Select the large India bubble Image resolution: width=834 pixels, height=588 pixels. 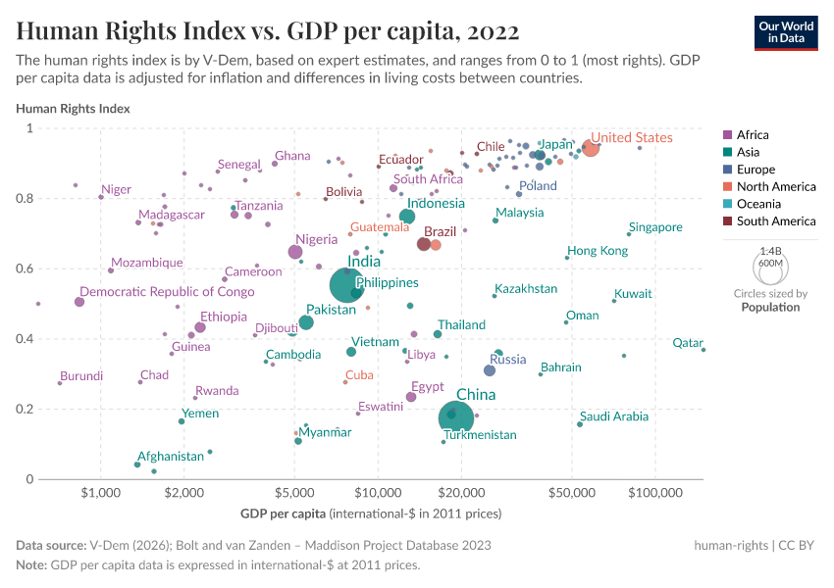[348, 285]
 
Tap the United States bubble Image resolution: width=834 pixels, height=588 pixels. [590, 147]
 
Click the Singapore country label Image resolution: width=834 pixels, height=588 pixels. [655, 227]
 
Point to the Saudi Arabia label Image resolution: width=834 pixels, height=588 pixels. [614, 416]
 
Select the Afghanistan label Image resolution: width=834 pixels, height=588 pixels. [171, 456]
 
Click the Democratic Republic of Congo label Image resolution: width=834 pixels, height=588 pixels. [167, 292]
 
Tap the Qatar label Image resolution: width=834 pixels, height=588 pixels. [688, 343]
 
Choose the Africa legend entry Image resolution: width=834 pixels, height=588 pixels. [753, 135]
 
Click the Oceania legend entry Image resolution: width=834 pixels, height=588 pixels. [758, 204]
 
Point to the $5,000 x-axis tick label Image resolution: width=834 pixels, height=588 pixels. [294, 493]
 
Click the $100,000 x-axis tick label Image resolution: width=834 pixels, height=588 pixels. [653, 493]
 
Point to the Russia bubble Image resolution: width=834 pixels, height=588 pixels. [490, 369]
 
